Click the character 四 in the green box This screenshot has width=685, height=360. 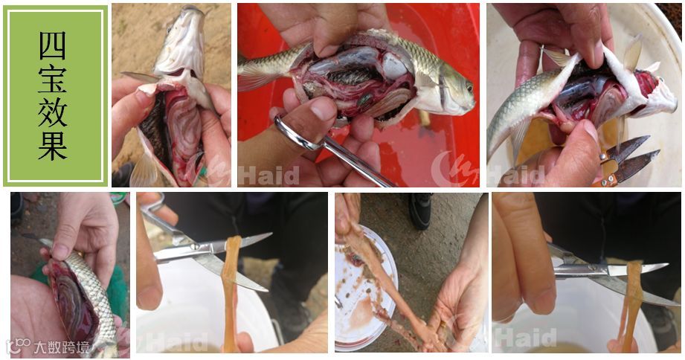52,45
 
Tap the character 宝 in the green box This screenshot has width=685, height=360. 52,79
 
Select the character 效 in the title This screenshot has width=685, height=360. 52,112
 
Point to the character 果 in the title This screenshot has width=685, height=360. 52,146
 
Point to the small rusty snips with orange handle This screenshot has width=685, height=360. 625,161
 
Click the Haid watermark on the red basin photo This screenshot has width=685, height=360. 268,176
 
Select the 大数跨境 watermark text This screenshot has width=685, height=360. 61,347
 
